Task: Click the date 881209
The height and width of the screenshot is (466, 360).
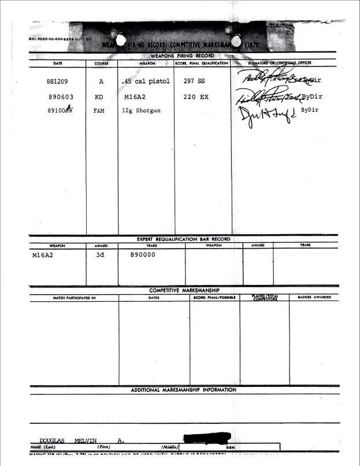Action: [x=57, y=82]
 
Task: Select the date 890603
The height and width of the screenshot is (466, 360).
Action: [x=57, y=97]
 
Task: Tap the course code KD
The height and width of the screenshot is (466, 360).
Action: [x=99, y=97]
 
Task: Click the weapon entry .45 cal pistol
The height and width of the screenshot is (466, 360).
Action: [x=146, y=82]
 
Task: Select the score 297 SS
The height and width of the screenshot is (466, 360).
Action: [x=194, y=82]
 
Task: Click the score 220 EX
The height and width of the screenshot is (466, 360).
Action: [x=196, y=97]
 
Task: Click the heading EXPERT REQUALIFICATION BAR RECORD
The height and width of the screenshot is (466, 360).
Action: [x=183, y=239]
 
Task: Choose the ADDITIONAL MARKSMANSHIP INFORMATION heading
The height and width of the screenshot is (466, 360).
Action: [x=183, y=390]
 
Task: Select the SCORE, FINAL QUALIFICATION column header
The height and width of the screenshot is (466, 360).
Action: [x=202, y=63]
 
